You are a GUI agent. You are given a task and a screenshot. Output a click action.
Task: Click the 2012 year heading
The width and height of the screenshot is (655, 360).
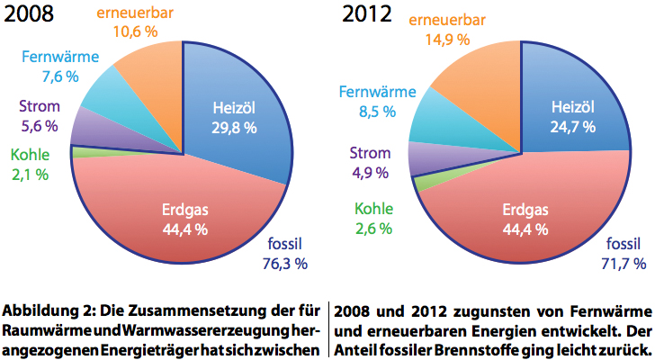(x=367, y=15)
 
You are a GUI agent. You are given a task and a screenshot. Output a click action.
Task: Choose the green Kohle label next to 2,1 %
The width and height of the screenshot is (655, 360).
(x=31, y=155)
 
